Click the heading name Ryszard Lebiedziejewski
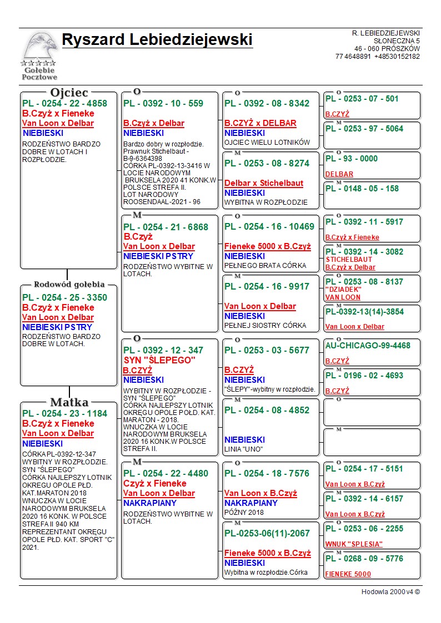coord(157,40)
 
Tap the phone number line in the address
coord(377,57)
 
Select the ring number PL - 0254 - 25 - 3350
coord(64,297)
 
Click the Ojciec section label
coord(69,93)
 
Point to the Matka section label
coord(69,402)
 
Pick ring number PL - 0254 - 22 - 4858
coord(64,103)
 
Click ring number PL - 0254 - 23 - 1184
coord(64,413)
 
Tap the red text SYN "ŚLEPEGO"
coord(159,361)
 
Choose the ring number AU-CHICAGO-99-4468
coord(368,346)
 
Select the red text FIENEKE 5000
coord(348,574)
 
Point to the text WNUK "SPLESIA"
coord(354,544)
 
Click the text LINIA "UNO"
coord(244,449)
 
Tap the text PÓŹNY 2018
coord(244,513)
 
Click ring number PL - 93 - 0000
coord(351,159)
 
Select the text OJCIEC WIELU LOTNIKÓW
coord(267,143)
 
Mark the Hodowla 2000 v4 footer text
coord(390,592)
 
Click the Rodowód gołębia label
coord(69,285)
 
